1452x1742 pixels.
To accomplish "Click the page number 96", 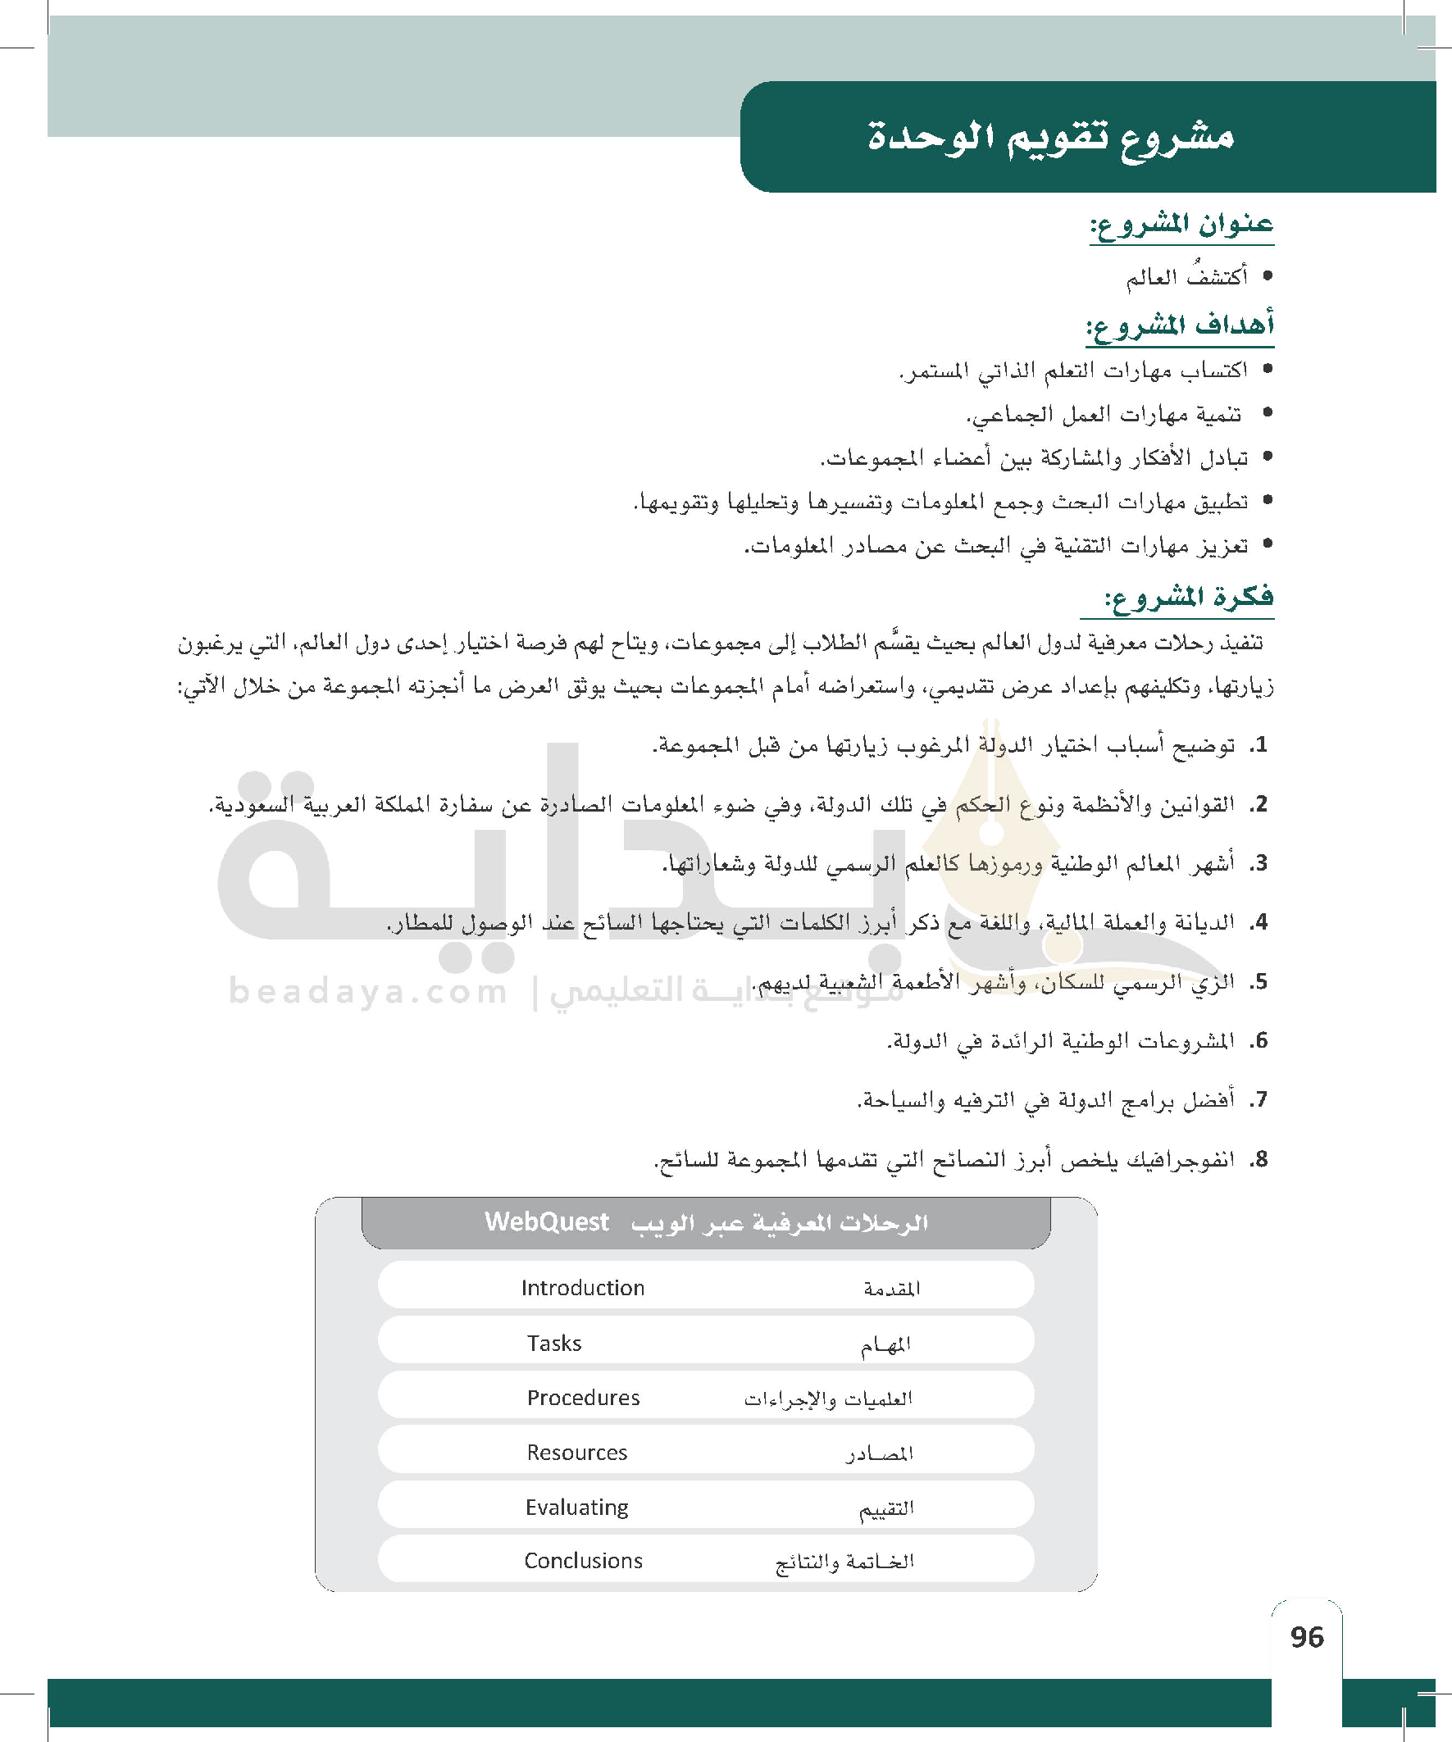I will (1307, 1635).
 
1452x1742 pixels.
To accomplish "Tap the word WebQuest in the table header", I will (547, 1222).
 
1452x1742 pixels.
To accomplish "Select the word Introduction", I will (582, 1287).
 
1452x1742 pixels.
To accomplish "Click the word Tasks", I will (554, 1343).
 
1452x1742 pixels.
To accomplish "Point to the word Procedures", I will (583, 1398).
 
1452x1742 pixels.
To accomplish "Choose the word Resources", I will (576, 1453).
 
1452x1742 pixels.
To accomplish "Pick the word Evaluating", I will (576, 1508).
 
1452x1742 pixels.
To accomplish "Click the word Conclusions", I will (583, 1561).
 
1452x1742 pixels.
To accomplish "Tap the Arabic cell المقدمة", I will (891, 1289).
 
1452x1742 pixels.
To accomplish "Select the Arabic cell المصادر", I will (880, 1453).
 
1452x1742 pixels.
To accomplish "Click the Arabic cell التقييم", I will (886, 1509).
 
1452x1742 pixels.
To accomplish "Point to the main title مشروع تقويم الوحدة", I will (1050, 136).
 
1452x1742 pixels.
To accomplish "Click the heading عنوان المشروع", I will (1181, 225).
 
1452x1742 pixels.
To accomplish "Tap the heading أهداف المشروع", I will (1180, 325).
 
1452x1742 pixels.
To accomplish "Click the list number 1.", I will (1259, 745).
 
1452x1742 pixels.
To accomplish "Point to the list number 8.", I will (1259, 1160).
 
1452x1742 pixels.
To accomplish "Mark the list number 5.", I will (1259, 982).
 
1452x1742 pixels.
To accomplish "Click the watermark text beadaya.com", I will (367, 991).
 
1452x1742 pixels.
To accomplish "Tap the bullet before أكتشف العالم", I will (1266, 276).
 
